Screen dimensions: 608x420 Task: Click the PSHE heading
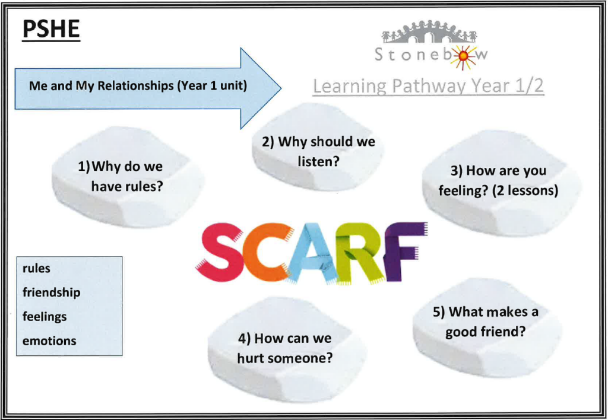[51, 30]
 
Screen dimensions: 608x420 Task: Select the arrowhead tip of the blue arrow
[281, 88]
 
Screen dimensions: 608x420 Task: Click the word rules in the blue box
[36, 268]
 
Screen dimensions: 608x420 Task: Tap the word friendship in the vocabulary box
[51, 292]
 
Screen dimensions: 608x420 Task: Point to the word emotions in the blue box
[49, 341]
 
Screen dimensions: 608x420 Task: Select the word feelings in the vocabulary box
[45, 317]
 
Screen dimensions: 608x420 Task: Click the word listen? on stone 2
[318, 161]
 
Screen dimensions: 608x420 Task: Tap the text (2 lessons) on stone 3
[525, 190]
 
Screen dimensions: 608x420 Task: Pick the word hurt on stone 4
[252, 358]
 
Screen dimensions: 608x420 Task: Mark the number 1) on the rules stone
[84, 167]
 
